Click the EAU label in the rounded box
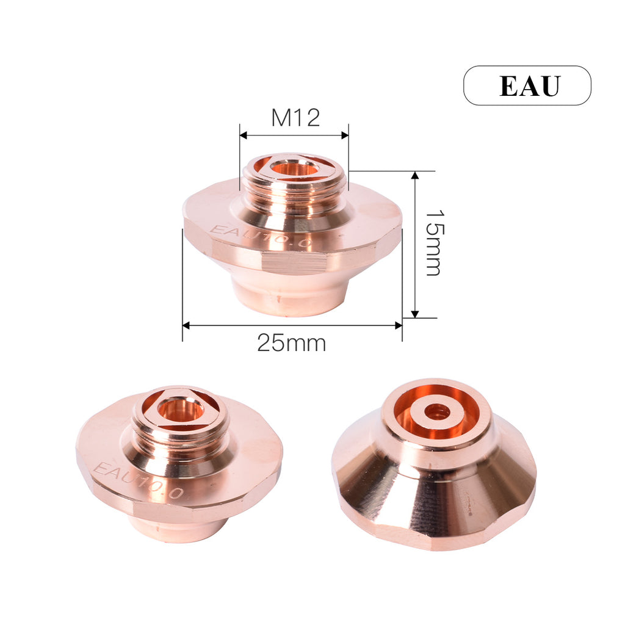point(529,86)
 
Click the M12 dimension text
point(295,118)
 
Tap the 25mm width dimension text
point(291,343)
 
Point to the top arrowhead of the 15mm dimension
point(415,176)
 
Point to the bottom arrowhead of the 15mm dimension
point(415,313)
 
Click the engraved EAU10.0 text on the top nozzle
point(261,237)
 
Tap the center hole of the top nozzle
point(294,167)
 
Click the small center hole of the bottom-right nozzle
point(437,412)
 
